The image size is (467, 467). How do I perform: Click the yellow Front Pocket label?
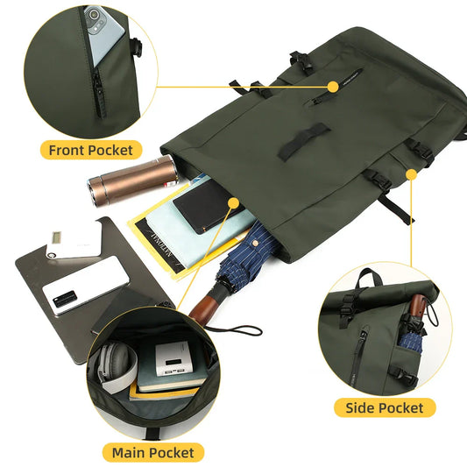tap(90, 150)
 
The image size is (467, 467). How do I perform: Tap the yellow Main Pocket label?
tap(153, 453)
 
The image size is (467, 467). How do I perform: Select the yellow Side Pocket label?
tap(385, 407)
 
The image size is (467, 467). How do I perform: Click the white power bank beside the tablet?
tap(73, 244)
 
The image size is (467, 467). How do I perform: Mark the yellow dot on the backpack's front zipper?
tap(333, 86)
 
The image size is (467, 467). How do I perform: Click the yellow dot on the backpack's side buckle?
tap(410, 175)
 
